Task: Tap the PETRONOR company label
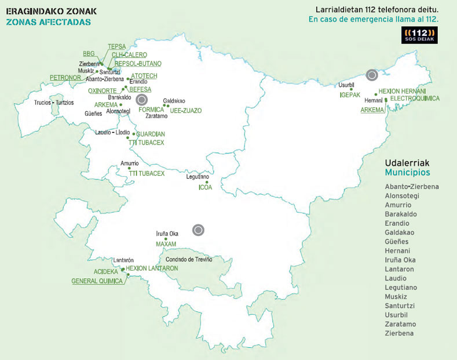tap(65, 77)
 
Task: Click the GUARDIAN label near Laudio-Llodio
tap(151, 134)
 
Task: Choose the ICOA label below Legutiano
tap(206, 187)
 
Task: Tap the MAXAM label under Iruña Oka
tap(166, 244)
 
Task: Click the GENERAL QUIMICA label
tap(97, 281)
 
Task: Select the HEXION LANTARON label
tap(152, 268)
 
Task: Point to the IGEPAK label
tap(350, 94)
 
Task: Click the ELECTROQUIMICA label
tap(415, 99)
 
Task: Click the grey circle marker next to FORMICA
tap(141, 100)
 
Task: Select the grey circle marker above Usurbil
tap(372, 74)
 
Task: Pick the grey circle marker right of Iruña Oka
tap(198, 230)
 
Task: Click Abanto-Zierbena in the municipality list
tap(411, 187)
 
